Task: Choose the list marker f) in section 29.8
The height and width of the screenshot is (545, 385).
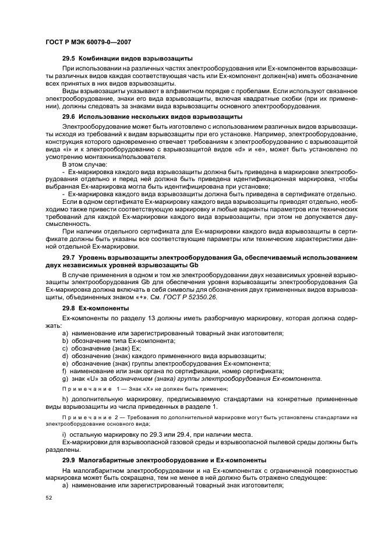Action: pos(64,371)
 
